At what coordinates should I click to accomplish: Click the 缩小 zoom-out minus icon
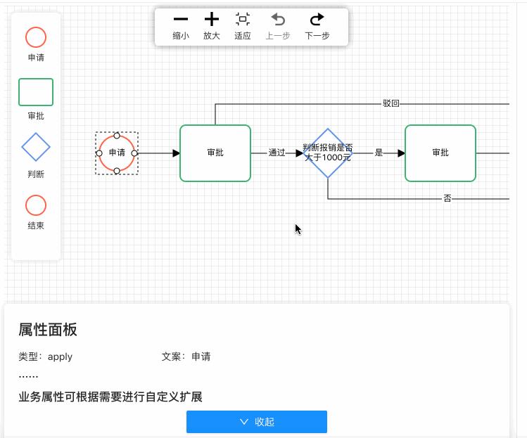point(181,20)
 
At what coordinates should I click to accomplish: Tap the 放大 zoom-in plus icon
point(212,20)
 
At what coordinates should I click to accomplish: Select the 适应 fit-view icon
point(243,20)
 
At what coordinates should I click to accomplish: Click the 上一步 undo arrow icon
point(278,20)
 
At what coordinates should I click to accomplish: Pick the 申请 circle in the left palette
point(36,37)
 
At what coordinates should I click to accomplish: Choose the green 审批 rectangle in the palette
point(36,92)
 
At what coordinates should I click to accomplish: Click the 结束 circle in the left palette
point(36,205)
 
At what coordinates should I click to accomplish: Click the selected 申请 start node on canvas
point(117,153)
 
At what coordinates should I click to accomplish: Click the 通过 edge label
point(277,153)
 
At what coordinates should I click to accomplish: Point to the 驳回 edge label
point(391,103)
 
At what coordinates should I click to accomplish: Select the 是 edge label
point(379,153)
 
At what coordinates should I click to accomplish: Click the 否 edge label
point(447,199)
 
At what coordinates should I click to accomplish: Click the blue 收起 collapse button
point(257,422)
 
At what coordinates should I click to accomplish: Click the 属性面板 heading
point(48,330)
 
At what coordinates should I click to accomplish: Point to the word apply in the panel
point(61,356)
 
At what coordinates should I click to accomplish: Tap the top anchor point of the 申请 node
point(117,135)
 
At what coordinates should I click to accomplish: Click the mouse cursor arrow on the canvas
point(298,228)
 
